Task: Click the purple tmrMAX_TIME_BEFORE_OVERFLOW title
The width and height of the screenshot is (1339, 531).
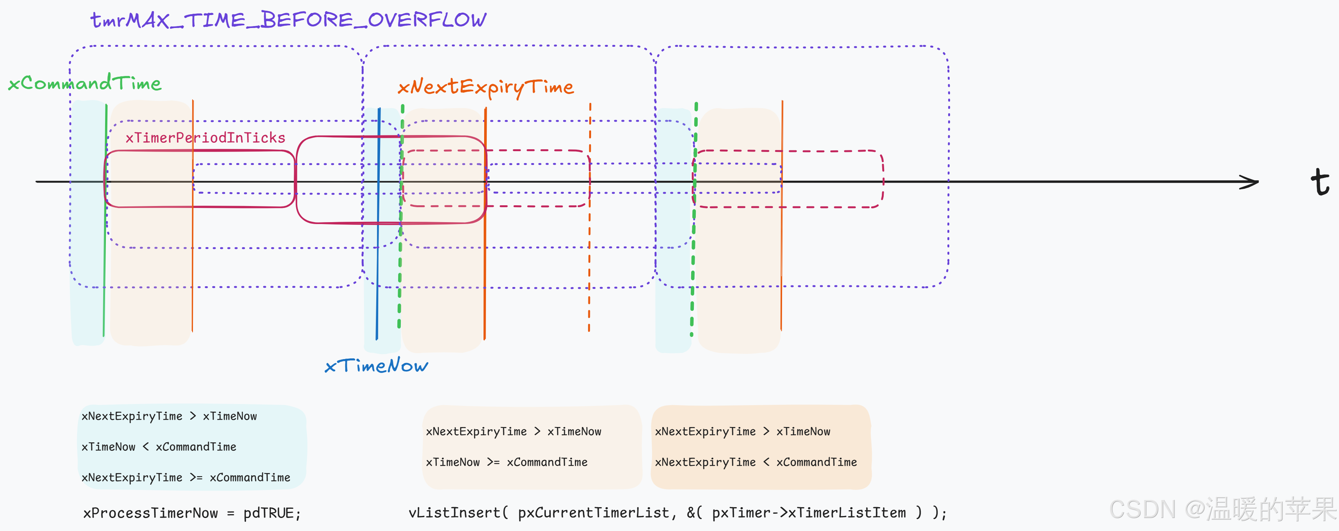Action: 288,20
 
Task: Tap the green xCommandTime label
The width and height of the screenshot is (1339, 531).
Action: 85,83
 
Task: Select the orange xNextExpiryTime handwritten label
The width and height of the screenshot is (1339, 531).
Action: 486,87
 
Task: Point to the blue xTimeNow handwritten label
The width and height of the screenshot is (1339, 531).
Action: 376,366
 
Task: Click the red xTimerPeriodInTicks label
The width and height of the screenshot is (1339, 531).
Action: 205,138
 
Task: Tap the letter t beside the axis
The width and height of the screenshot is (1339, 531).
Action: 1319,181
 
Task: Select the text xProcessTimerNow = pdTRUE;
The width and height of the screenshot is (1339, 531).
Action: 192,513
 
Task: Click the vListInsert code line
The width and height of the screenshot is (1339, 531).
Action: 677,513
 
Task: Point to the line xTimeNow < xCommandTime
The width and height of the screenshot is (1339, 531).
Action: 158,447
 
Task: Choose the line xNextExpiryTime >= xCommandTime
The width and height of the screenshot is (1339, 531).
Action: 186,477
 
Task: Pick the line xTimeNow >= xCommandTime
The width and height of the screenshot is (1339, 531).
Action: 506,462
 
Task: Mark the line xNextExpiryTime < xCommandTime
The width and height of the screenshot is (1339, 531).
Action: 755,462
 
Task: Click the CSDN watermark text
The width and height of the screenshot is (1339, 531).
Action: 1222,510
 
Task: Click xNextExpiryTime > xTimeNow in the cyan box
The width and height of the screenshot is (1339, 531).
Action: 169,416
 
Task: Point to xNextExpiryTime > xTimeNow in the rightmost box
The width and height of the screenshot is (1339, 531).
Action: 742,432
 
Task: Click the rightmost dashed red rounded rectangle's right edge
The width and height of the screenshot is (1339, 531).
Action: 883,180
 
